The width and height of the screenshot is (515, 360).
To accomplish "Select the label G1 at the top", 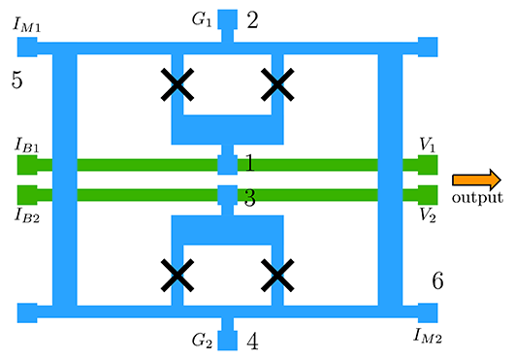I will (x=202, y=18).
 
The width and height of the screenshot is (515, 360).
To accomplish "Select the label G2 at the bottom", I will (x=202, y=341).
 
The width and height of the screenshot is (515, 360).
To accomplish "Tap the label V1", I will (x=428, y=145).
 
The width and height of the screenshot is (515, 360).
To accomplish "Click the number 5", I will (x=16, y=80).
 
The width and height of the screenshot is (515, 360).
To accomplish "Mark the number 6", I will (x=437, y=281).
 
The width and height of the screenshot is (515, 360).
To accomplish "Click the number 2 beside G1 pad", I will (x=252, y=19).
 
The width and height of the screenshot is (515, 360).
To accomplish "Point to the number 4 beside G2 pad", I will (x=252, y=342).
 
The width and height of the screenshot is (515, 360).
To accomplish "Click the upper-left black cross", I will (x=176, y=86).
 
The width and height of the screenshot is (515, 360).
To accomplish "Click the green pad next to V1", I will (x=427, y=165).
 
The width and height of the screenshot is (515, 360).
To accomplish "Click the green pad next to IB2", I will (x=27, y=194).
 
